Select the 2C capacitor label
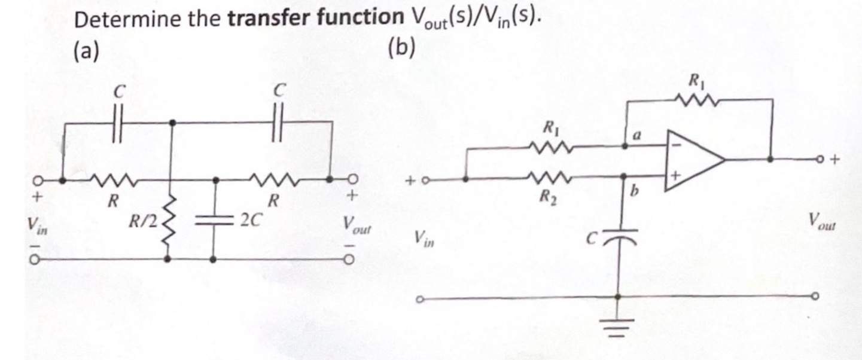click(x=249, y=219)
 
